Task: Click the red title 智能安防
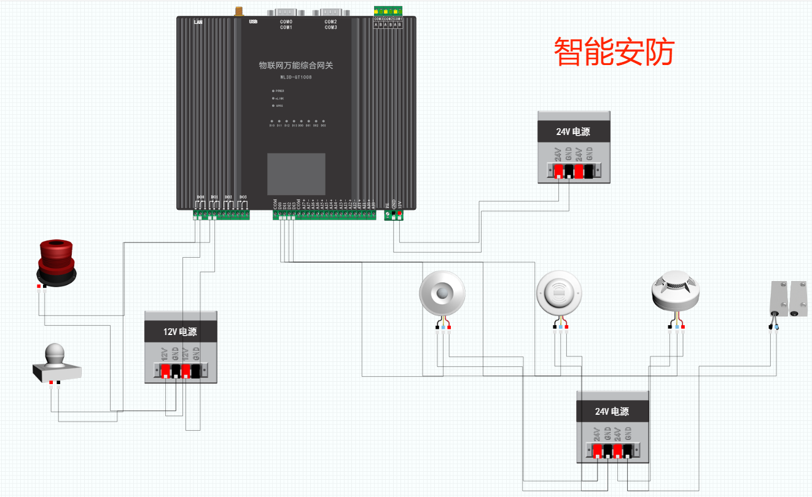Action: tap(614, 52)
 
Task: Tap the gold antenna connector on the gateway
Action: tap(236, 11)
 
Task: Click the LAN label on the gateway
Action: tap(198, 22)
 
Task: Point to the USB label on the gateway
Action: tap(252, 22)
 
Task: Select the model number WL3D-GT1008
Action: tap(295, 77)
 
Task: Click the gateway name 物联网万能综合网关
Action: tap(295, 65)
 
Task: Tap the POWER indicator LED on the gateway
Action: tap(273, 91)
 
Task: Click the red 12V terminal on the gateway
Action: tap(400, 214)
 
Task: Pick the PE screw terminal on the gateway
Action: tap(387, 214)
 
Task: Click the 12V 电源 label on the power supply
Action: tap(181, 332)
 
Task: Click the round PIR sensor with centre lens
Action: tap(441, 293)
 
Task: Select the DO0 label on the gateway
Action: tap(200, 196)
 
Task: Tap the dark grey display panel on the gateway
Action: tap(295, 174)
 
